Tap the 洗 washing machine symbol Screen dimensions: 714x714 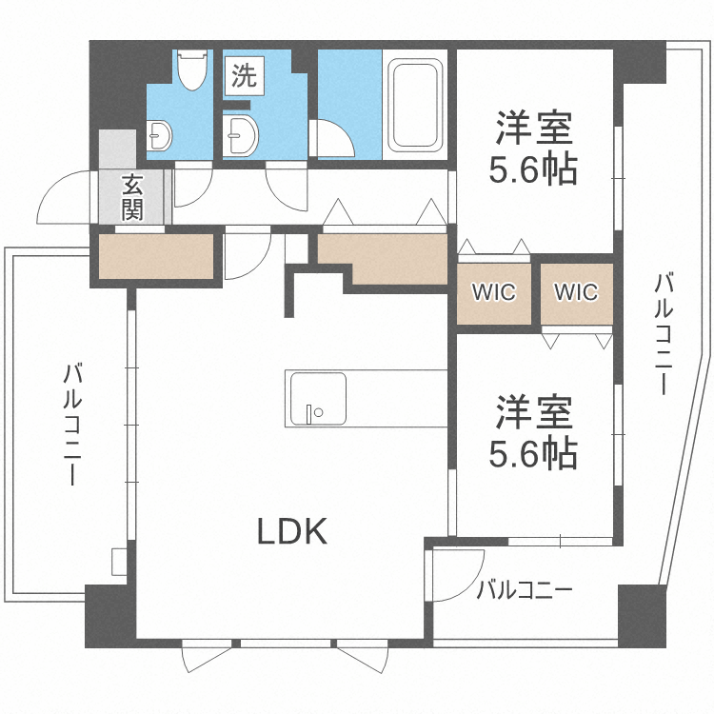[x=245, y=77]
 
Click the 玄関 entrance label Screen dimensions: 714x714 [x=132, y=196]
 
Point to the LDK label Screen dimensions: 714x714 [x=293, y=531]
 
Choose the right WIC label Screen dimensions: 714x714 [x=576, y=292]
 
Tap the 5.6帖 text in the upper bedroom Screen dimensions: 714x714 [x=533, y=169]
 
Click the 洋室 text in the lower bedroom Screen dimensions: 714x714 [x=533, y=415]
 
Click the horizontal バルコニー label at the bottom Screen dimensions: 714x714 [x=526, y=589]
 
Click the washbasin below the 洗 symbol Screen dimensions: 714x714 [x=241, y=135]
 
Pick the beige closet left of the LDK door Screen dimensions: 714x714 [x=155, y=256]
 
